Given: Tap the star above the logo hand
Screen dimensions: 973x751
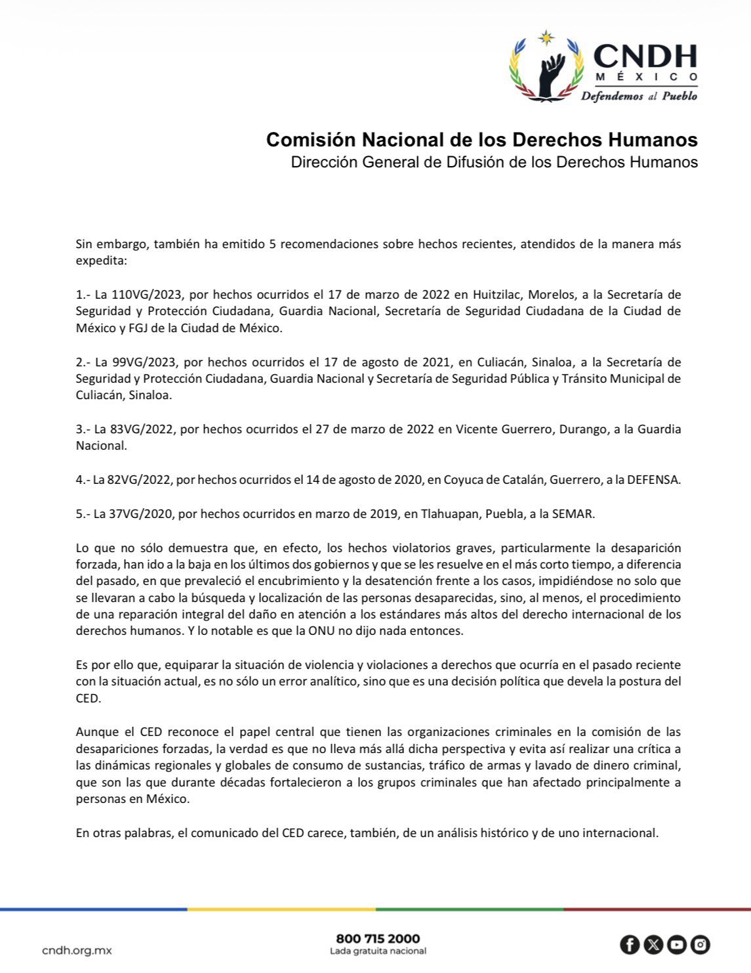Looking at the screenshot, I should [546, 37].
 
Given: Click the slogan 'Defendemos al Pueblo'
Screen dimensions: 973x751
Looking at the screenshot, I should [639, 96].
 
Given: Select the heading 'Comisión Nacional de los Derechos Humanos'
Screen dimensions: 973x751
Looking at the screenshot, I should [481, 139].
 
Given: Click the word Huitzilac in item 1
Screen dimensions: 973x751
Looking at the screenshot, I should [497, 295].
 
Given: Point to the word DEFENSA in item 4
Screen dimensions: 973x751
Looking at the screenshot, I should [653, 480].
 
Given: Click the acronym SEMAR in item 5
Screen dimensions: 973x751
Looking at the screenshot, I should [573, 514].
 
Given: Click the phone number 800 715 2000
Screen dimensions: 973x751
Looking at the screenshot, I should [378, 939].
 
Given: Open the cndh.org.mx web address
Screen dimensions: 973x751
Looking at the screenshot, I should [77, 950].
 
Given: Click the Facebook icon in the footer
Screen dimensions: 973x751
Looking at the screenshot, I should [630, 945].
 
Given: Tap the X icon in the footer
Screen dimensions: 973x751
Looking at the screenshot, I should [653, 945].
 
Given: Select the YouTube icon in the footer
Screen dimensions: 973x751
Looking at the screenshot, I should [677, 945].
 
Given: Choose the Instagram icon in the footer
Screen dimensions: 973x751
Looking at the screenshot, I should [700, 945].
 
